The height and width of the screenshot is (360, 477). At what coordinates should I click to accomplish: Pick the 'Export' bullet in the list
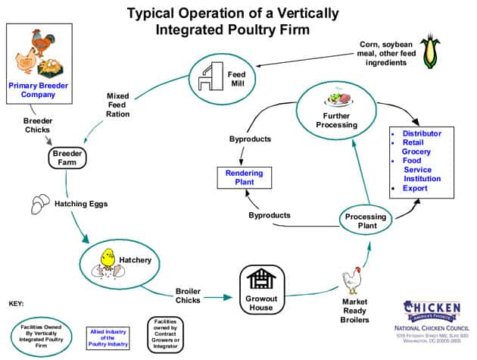tap(415, 188)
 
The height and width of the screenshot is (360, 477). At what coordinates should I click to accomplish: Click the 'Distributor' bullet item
tap(422, 134)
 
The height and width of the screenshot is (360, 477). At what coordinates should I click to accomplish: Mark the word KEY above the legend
tap(16, 303)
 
